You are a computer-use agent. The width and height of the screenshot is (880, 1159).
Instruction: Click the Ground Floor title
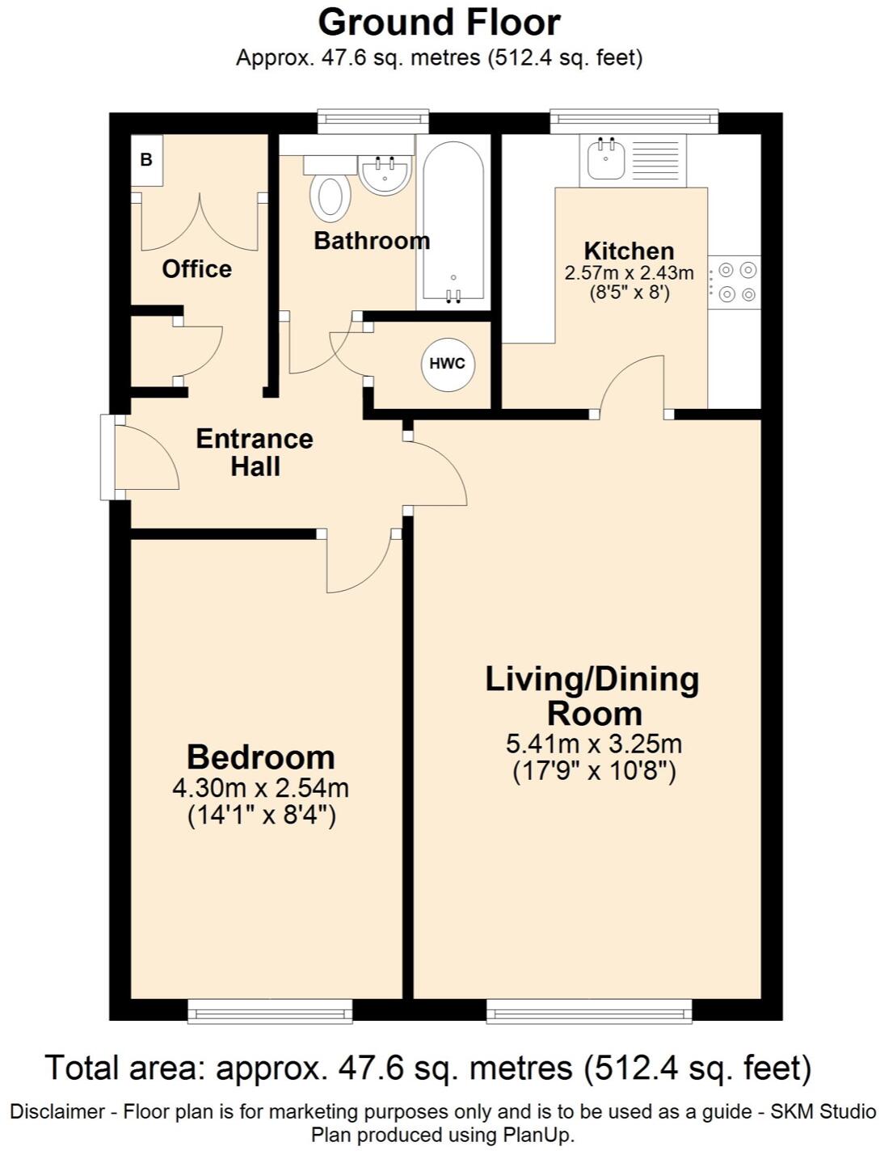tap(439, 23)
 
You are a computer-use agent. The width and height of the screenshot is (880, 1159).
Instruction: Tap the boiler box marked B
tap(146, 160)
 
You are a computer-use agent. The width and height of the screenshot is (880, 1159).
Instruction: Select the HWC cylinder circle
tap(448, 364)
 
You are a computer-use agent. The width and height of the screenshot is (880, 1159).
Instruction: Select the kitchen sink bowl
tap(605, 159)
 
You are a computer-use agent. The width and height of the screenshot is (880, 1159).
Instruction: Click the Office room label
tap(196, 269)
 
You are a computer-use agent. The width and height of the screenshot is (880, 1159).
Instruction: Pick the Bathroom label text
tap(372, 241)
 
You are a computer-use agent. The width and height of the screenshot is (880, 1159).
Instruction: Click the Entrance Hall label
tap(255, 453)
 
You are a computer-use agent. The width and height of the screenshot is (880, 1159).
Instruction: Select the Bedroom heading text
tap(260, 757)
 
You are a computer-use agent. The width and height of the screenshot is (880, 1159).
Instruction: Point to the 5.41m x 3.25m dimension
tap(594, 744)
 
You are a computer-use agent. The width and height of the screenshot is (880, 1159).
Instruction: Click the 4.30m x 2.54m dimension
tap(260, 787)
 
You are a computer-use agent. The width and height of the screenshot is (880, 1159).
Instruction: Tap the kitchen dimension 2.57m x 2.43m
tap(629, 273)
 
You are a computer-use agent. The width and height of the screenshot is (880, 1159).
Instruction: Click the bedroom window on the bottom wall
tap(270, 1010)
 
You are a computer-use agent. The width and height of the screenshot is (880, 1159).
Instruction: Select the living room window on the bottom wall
tap(589, 1010)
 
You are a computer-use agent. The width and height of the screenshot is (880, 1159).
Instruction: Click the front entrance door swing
tap(145, 458)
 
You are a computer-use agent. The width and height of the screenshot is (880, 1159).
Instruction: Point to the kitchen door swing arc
tap(633, 383)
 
